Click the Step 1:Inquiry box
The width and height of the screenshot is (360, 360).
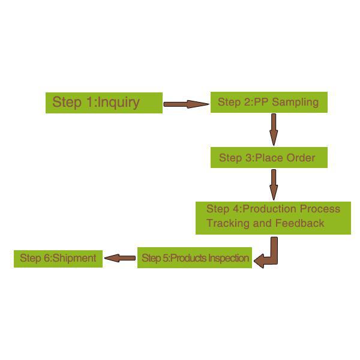pyautogui.click(x=104, y=103)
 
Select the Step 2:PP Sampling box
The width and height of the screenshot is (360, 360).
pyautogui.click(x=268, y=103)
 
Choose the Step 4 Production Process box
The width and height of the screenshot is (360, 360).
pyautogui.click(x=273, y=217)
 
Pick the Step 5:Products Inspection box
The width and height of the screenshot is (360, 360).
pyautogui.click(x=194, y=258)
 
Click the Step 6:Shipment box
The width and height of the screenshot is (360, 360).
pyautogui.click(x=58, y=259)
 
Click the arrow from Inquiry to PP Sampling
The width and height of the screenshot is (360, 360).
pyautogui.click(x=185, y=104)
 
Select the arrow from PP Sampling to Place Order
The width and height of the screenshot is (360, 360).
pyautogui.click(x=274, y=128)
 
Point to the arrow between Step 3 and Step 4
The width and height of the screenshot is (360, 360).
pyautogui.click(x=274, y=184)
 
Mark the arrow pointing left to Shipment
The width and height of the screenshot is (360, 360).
pyautogui.click(x=119, y=259)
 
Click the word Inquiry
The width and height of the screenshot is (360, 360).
pyautogui.click(x=119, y=102)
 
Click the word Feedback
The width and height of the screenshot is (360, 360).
pyautogui.click(x=299, y=223)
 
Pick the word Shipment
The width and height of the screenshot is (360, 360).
pyautogui.click(x=74, y=259)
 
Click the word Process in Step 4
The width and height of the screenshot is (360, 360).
pyautogui.click(x=319, y=209)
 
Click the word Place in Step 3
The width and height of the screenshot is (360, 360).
pyautogui.click(x=270, y=158)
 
